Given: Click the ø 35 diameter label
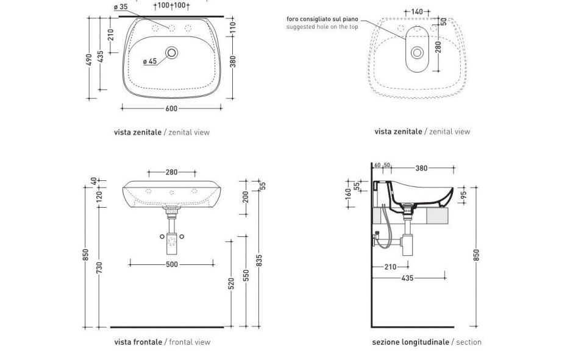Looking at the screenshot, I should tap(121, 7).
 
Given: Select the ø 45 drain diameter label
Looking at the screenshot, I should tap(150, 61).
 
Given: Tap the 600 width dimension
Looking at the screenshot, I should tap(171, 108).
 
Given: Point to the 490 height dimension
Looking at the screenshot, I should tap(89, 59).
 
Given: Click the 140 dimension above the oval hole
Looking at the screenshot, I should tap(417, 12).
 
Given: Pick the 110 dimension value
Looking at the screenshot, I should tap(233, 27).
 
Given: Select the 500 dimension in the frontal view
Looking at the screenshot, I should tap(172, 264).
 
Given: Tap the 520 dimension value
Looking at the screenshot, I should tap(232, 284).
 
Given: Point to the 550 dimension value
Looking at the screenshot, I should tap(246, 275).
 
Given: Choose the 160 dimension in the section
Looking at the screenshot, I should tap(348, 194).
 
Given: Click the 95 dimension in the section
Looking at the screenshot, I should tap(463, 196).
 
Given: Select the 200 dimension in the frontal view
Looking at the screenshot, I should tap(246, 196).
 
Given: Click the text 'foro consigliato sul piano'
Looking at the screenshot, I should tap(322, 19).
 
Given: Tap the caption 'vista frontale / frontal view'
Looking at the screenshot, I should tap(162, 342).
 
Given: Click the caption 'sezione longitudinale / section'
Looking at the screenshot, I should tap(427, 342).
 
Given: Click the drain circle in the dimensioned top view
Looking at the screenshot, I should tap(171, 53).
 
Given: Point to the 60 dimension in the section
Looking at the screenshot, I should tap(377, 166).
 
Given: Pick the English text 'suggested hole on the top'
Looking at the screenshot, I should tap(322, 27).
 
